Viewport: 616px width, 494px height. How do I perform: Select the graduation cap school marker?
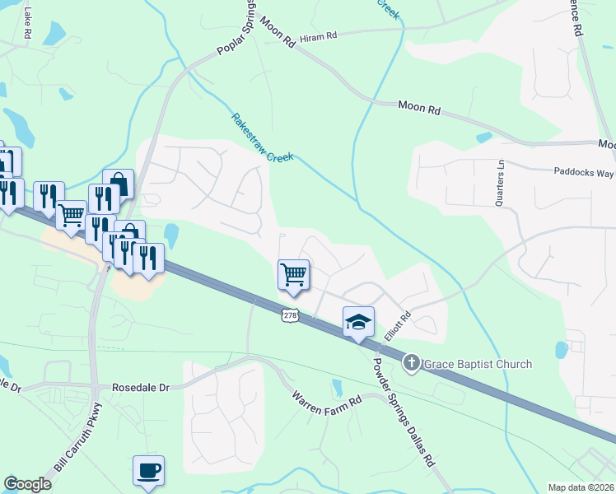point(358,322)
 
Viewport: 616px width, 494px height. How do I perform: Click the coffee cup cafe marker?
point(148,470)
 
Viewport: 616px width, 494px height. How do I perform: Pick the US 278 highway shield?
point(290,315)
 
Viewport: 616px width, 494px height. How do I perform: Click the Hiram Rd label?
point(319,37)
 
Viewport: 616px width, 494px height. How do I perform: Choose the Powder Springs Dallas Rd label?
point(404,412)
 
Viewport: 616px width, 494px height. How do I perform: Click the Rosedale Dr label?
point(140,386)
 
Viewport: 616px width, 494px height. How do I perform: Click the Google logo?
point(27,484)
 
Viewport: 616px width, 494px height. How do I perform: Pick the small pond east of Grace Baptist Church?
point(561,350)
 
